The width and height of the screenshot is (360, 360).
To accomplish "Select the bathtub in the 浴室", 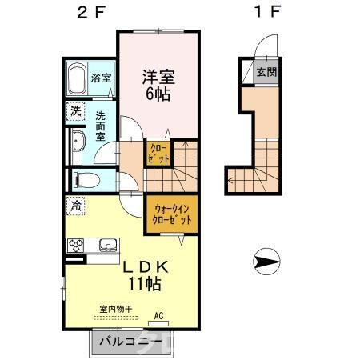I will pos(76,80).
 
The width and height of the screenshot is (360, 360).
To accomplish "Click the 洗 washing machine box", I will pos(74,111).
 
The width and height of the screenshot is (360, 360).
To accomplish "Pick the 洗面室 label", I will pos(101,126).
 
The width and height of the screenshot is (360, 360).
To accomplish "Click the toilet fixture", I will pos(84,178).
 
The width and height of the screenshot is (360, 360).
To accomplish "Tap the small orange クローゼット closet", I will pos(157,153).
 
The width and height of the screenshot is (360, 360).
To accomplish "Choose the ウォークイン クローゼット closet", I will pos(170,214).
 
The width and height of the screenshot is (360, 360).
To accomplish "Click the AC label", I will pos(158,314).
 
